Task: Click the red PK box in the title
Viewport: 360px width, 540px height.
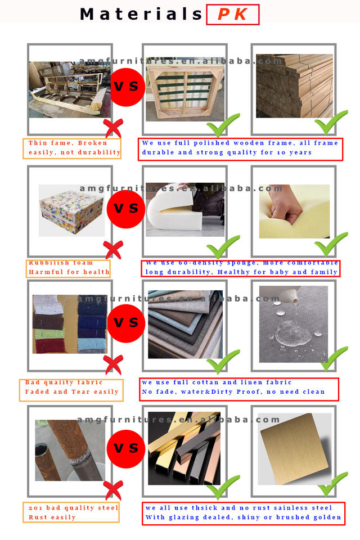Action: point(232,15)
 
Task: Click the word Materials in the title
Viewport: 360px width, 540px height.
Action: point(141,14)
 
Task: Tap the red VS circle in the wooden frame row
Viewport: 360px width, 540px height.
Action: point(126,87)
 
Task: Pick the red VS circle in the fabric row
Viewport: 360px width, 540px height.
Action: point(126,323)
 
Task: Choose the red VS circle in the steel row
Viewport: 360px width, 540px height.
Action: point(126,449)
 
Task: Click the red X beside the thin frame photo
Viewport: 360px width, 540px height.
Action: point(113,128)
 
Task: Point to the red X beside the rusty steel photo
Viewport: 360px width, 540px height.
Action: point(113,490)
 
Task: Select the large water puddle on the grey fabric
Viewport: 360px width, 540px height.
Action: point(290,330)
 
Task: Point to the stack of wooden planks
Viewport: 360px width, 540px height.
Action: point(295,85)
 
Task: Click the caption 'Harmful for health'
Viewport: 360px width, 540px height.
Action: point(69,272)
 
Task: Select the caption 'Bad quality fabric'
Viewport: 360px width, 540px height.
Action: point(64,382)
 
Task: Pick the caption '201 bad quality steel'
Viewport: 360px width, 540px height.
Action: point(73,508)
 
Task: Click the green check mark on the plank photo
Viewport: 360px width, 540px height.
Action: point(331,122)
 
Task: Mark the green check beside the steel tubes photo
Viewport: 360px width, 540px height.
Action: point(223,487)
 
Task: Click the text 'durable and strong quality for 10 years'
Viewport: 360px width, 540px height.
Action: point(227,152)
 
